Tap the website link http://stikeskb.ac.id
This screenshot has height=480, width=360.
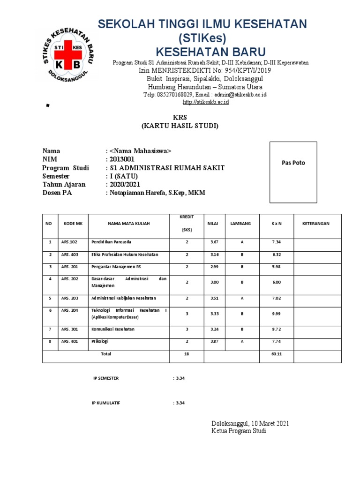click(x=205, y=102)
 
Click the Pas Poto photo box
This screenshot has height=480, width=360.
click(x=293, y=172)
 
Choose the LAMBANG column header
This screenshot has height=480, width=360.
click(x=240, y=224)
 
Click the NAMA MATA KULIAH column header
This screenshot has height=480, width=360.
click(x=128, y=224)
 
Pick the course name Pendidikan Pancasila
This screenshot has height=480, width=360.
click(x=111, y=242)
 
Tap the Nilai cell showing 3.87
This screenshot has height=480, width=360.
click(x=214, y=342)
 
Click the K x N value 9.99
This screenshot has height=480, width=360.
click(x=277, y=314)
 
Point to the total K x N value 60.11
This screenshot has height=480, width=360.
click(x=277, y=354)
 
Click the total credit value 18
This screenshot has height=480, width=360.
click(x=187, y=354)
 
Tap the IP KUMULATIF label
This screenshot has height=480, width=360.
click(x=106, y=403)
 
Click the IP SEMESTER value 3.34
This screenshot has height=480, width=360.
click(x=180, y=378)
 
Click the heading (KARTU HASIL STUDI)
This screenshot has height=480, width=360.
click(x=180, y=126)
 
